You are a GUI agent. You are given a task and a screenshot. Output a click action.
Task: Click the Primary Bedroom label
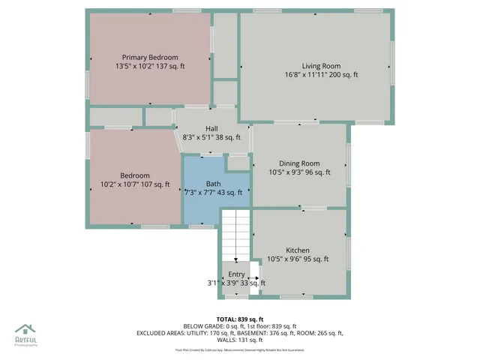click(150, 58)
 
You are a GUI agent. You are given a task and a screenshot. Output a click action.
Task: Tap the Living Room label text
click(321, 66)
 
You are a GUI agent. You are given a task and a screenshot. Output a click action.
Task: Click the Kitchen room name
click(298, 250)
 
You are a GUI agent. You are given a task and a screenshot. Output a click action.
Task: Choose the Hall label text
click(211, 128)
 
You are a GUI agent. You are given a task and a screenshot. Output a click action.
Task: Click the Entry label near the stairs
click(236, 274)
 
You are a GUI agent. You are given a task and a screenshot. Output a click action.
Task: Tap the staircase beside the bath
click(235, 232)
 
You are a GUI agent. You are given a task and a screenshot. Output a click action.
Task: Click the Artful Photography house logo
click(25, 329)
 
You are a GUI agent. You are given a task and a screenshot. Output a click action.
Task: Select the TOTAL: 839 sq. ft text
click(240, 319)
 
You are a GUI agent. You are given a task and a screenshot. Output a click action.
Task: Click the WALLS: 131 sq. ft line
click(240, 340)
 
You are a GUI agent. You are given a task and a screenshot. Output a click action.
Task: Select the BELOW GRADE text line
click(240, 326)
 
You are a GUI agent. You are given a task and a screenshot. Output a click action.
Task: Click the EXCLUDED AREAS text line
click(240, 333)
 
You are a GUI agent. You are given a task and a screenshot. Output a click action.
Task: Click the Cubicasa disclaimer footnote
click(240, 349)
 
